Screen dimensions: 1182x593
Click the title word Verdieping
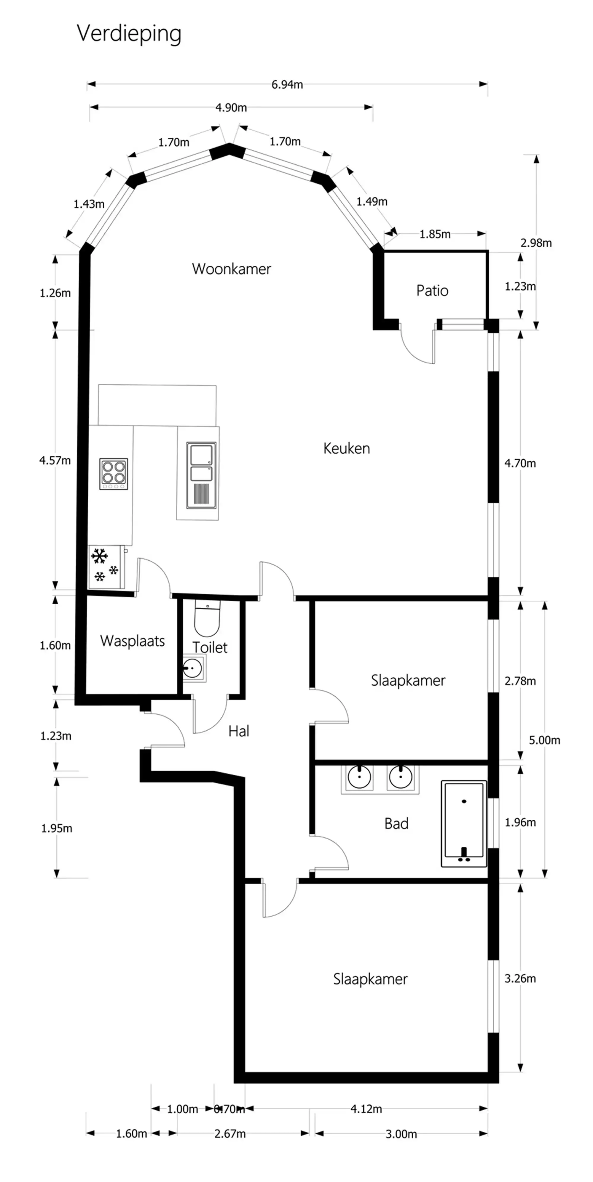click(x=129, y=33)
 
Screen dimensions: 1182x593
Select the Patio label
click(x=432, y=291)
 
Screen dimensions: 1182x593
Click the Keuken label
click(x=346, y=448)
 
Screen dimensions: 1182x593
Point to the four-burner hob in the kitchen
click(x=114, y=473)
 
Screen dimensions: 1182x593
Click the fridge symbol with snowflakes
click(x=106, y=567)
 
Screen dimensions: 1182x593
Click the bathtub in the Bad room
click(x=463, y=824)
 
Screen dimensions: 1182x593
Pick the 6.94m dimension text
click(x=287, y=84)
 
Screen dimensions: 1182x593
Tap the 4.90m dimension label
click(x=231, y=108)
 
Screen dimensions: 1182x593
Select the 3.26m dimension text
click(x=520, y=978)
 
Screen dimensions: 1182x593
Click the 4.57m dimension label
click(x=55, y=460)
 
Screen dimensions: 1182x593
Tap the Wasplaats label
click(x=132, y=641)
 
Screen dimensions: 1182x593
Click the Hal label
click(x=238, y=731)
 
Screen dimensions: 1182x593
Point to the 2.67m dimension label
click(x=230, y=1134)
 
